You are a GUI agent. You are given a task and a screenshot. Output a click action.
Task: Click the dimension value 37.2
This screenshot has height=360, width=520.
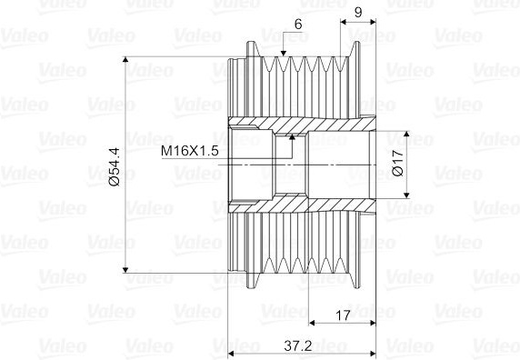[298, 346]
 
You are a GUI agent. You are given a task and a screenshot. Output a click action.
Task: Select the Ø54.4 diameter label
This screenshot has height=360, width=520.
[115, 166]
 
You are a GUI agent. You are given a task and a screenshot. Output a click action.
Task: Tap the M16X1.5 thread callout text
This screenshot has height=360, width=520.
[190, 151]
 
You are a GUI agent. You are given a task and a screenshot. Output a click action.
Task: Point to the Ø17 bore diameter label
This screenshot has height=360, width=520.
[397, 162]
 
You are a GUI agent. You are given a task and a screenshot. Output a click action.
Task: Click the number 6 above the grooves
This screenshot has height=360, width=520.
[298, 25]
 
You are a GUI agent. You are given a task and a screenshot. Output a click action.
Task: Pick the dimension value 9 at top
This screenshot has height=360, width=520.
[358, 12]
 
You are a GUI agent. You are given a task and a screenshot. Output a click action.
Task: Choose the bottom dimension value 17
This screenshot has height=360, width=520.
[343, 315]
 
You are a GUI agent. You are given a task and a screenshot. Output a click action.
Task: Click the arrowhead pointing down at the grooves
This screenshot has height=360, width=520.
[283, 54]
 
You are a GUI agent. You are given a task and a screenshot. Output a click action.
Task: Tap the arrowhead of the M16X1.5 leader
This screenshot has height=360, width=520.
[292, 136]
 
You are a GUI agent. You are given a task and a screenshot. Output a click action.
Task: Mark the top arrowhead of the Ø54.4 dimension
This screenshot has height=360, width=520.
[125, 59]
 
